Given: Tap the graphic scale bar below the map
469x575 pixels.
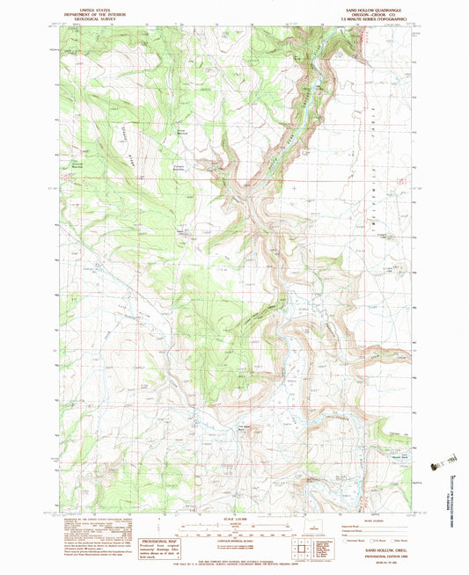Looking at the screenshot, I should pos(234,530).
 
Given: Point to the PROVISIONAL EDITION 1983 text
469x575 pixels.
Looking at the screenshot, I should pos(375,555).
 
